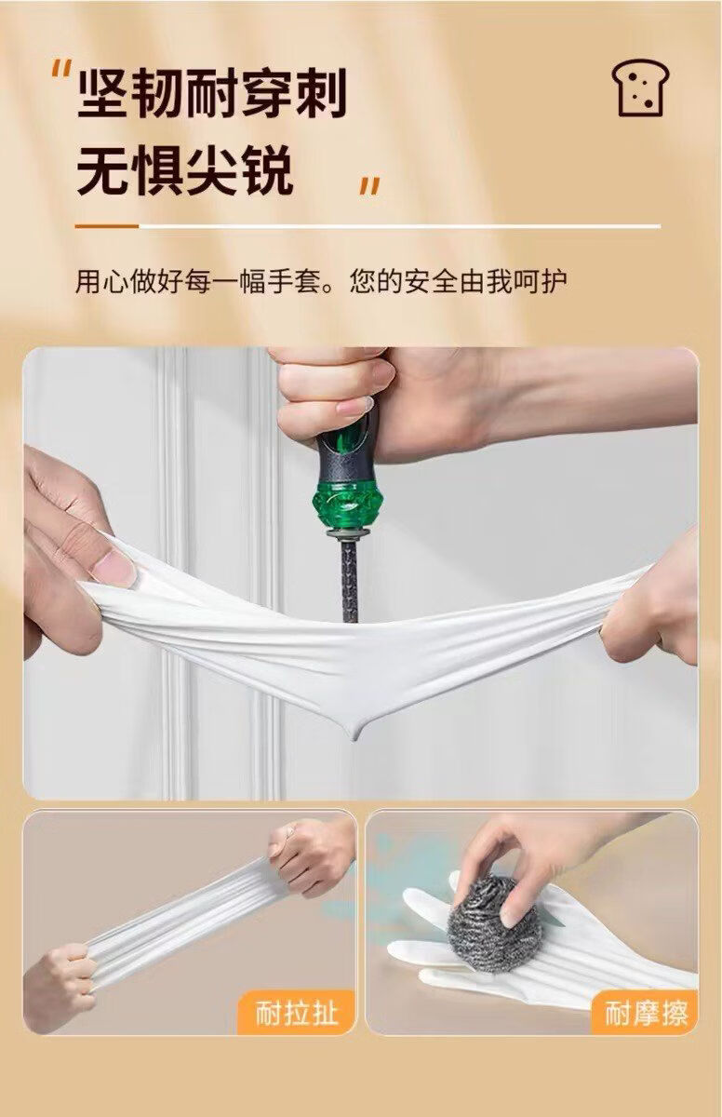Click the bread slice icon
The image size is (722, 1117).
click(640, 88)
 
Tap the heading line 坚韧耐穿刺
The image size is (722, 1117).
click(212, 94)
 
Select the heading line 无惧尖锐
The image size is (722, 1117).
click(184, 170)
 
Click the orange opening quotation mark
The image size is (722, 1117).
click(61, 68)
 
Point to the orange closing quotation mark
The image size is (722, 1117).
click(370, 186)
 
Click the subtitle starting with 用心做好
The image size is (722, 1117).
click(321, 281)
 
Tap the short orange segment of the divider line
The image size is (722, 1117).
click(107, 226)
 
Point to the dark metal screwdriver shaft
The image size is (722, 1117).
click(350, 581)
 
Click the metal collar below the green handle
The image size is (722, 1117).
click(349, 534)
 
